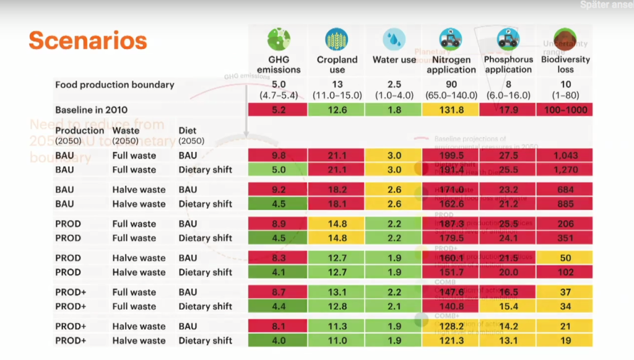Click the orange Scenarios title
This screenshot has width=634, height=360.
click(88, 40)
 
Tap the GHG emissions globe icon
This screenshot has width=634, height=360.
click(279, 39)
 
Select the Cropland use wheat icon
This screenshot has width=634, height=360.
click(337, 39)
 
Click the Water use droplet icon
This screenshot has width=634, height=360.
click(394, 39)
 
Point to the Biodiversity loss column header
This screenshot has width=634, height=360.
click(565, 64)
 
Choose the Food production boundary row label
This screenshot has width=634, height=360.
click(115, 85)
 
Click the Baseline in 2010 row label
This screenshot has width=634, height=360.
click(91, 110)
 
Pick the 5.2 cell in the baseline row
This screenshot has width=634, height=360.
click(279, 110)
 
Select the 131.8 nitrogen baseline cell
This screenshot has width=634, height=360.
click(451, 110)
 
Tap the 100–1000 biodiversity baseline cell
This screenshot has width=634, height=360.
click(565, 110)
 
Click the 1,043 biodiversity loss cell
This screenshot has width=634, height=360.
click(565, 156)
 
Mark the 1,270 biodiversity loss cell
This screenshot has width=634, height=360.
click(565, 170)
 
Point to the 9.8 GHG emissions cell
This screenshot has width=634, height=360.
click(279, 156)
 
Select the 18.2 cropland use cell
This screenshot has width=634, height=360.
click(337, 190)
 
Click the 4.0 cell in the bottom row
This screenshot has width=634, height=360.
click(279, 340)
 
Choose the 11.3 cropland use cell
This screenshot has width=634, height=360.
click(337, 326)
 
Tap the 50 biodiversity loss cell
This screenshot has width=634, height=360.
click(565, 258)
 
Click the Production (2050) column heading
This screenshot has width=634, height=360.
click(79, 134)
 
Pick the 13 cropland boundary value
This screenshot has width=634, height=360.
click(337, 84)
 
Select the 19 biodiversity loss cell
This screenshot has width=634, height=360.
click(565, 340)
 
